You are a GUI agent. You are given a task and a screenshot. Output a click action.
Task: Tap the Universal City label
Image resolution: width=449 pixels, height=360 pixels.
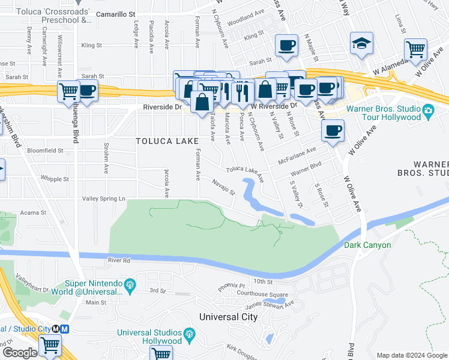tap(228, 317)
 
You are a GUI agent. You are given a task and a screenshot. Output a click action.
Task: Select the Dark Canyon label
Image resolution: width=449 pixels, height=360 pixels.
tap(367, 245)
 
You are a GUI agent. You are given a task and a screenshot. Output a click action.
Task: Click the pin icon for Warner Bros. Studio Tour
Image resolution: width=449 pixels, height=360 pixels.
tap(428, 112)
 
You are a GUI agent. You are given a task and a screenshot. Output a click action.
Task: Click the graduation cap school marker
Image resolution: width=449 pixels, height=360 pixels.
tap(362, 43)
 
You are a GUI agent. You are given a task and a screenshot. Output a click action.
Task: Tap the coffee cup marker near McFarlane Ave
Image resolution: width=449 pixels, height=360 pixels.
tap(333, 130)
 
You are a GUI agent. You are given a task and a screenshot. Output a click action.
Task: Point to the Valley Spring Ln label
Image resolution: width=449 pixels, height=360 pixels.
tap(104, 198)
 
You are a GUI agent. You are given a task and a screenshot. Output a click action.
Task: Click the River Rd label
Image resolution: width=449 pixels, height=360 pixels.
tap(119, 261)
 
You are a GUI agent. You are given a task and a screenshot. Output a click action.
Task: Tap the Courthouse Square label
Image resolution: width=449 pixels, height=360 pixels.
tap(262, 295)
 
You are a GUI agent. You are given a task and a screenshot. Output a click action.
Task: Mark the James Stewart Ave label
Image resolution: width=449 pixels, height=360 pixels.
tap(273, 305)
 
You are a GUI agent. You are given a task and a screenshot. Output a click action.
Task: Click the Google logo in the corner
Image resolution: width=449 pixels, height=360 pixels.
tap(20, 353)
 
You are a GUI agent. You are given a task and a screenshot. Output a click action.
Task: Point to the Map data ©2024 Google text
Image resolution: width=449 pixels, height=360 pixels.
tap(412, 355)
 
